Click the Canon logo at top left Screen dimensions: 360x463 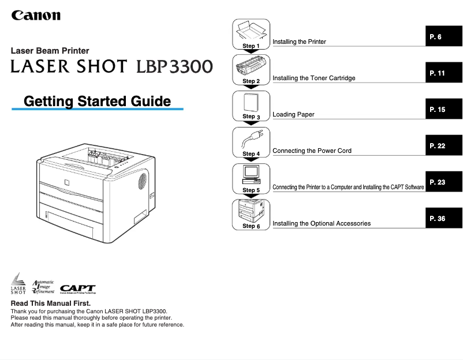(36, 15)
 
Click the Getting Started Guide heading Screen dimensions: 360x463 (97, 102)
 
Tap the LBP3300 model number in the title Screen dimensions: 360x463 (174, 66)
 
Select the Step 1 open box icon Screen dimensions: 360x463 (251, 31)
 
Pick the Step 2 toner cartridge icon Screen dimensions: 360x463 (251, 67)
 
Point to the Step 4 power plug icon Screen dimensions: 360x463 (251, 140)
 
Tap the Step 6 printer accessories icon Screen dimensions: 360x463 (251, 211)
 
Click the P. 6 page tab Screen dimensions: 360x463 (443, 37)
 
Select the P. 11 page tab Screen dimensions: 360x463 (443, 73)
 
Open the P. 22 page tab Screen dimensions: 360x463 (443, 146)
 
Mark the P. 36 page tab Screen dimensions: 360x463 (443, 219)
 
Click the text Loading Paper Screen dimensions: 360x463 (293, 115)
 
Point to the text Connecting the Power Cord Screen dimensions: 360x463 (312, 151)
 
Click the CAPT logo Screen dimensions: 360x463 (78, 287)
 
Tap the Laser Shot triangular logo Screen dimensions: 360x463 (18, 283)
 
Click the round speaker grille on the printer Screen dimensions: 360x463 (143, 180)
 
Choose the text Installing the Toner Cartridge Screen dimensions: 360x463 (313, 78)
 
